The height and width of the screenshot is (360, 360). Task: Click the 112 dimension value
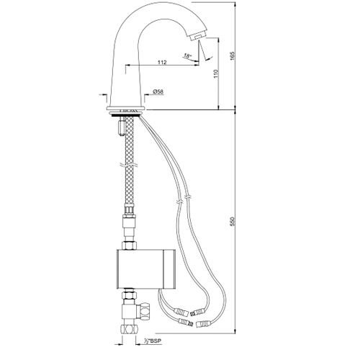[x=162, y=62]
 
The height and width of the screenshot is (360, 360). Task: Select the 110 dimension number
[x=216, y=73]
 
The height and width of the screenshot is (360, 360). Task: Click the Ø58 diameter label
[x=158, y=91]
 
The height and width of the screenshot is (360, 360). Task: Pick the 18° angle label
[x=187, y=56]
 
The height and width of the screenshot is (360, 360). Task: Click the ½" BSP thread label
[x=153, y=341]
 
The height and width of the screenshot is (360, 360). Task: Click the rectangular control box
[x=146, y=269]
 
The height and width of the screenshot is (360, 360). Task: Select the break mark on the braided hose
[x=129, y=165]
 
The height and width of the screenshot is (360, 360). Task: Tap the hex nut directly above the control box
[x=129, y=246]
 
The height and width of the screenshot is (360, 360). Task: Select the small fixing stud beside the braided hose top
[x=121, y=126]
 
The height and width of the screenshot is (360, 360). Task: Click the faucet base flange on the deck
[x=126, y=108]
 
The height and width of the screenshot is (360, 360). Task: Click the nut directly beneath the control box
[x=129, y=295]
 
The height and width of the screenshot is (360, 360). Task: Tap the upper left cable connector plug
[x=181, y=312]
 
